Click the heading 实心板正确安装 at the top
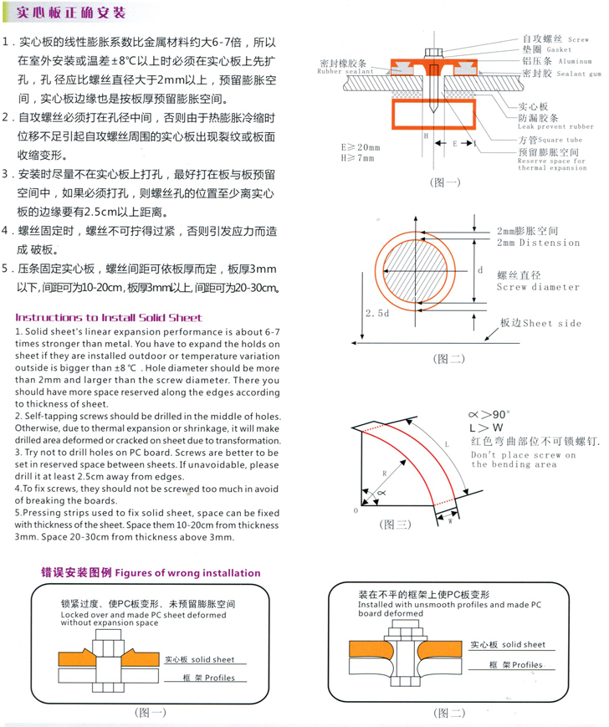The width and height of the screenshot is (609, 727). click(x=72, y=13)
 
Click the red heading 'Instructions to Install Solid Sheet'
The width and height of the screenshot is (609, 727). click(x=109, y=318)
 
